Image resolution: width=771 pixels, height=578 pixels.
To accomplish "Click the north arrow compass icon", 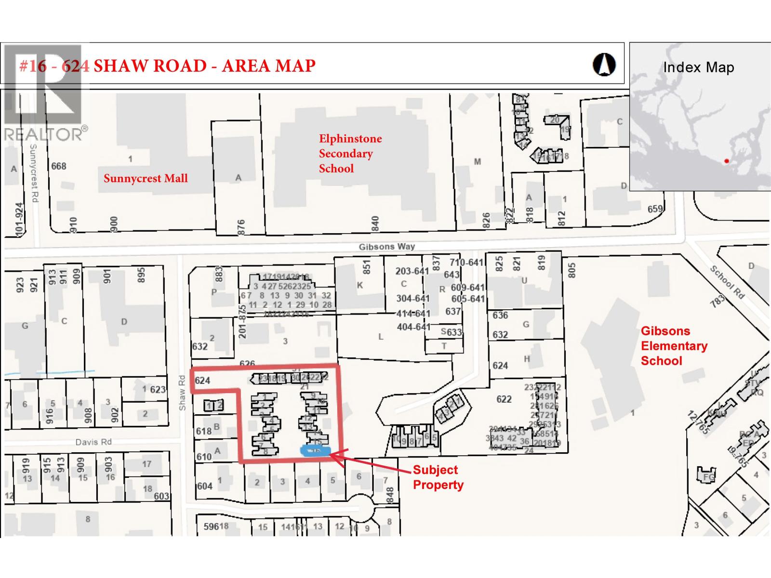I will [604, 64].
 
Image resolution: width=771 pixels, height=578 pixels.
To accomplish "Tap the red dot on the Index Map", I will [726, 161].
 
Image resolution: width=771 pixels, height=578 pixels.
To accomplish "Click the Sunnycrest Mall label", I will [146, 178].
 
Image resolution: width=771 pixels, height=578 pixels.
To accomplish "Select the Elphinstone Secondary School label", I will [350, 153].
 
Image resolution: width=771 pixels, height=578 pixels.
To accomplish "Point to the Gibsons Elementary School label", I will [674, 346].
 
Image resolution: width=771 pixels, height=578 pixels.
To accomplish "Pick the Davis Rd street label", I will [93, 442].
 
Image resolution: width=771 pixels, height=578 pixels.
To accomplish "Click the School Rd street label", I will [727, 282].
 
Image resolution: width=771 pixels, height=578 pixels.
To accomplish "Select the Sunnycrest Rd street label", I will [33, 173].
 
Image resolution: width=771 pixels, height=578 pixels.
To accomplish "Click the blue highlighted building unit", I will [315, 450].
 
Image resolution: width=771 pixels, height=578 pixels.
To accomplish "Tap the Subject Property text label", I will [438, 477].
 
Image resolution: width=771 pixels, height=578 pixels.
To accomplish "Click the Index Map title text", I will [698, 67].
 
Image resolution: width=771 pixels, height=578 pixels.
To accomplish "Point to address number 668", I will [59, 166].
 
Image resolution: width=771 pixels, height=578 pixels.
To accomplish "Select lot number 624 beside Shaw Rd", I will [202, 381].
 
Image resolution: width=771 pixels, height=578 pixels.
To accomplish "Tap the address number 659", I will [655, 209].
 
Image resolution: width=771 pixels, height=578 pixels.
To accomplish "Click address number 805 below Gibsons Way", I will [572, 270].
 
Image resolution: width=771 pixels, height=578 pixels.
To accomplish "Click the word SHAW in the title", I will [122, 66].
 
